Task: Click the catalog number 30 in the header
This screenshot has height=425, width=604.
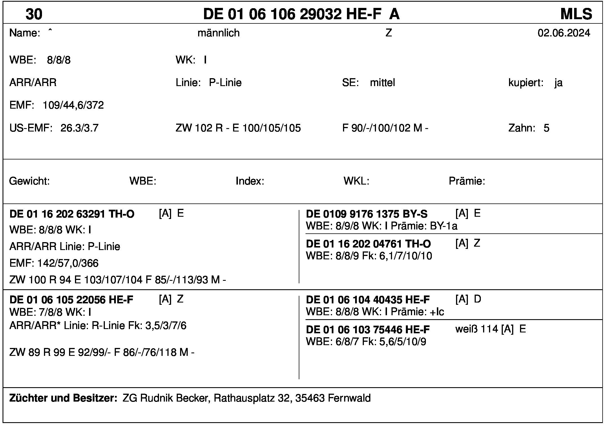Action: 34,14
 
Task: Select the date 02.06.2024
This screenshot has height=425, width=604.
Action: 564,33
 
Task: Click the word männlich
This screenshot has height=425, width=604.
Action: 218,33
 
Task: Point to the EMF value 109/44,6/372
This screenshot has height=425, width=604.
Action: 73,105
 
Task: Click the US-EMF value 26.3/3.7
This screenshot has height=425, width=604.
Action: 79,128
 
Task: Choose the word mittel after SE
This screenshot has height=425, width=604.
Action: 382,83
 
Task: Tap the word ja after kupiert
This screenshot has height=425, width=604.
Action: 558,83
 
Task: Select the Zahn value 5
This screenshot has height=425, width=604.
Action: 547,128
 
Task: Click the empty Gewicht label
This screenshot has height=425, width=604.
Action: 29,181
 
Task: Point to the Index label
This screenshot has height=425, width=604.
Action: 250,181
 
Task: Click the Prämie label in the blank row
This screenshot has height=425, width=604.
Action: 467,181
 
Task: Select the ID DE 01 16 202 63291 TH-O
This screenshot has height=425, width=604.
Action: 72,214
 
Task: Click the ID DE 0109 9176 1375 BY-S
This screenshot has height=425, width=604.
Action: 366,214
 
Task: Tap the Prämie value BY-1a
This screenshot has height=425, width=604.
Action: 444,226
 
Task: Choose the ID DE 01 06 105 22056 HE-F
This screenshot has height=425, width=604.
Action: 71,300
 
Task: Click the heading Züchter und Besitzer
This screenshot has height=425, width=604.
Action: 63,398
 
